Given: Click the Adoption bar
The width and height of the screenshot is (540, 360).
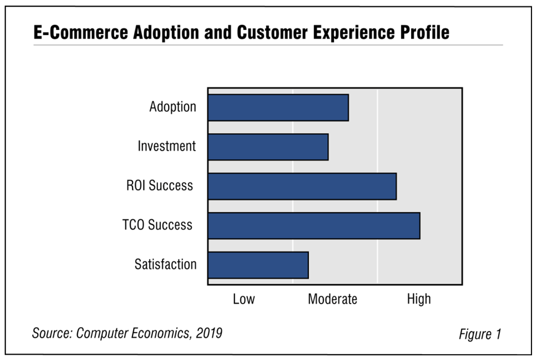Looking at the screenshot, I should click(x=278, y=107).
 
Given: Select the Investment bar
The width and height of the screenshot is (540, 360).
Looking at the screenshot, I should click(x=268, y=147).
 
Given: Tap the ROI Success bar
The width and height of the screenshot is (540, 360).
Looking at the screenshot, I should click(x=302, y=186).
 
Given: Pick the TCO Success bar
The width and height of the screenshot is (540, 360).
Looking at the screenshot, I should click(x=314, y=226).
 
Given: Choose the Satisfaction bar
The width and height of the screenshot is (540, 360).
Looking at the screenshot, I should click(x=258, y=265).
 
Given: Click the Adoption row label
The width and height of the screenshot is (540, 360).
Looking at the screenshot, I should click(x=172, y=107).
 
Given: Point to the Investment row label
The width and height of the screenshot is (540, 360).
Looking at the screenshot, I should click(x=166, y=146).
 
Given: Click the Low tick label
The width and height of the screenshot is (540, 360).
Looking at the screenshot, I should click(x=244, y=299).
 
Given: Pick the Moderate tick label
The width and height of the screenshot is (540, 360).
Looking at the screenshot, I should click(x=332, y=299).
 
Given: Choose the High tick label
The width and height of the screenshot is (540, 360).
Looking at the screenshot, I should click(x=419, y=299).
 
